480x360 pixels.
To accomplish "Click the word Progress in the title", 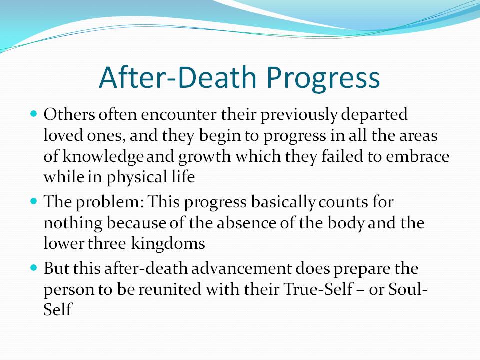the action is coord(323,78).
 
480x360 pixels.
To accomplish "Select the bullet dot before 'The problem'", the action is coord(34,201).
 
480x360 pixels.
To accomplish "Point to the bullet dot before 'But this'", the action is coord(34,268).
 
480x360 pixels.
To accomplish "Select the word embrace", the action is coord(417,156).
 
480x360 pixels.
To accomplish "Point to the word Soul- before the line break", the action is coord(408,289).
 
